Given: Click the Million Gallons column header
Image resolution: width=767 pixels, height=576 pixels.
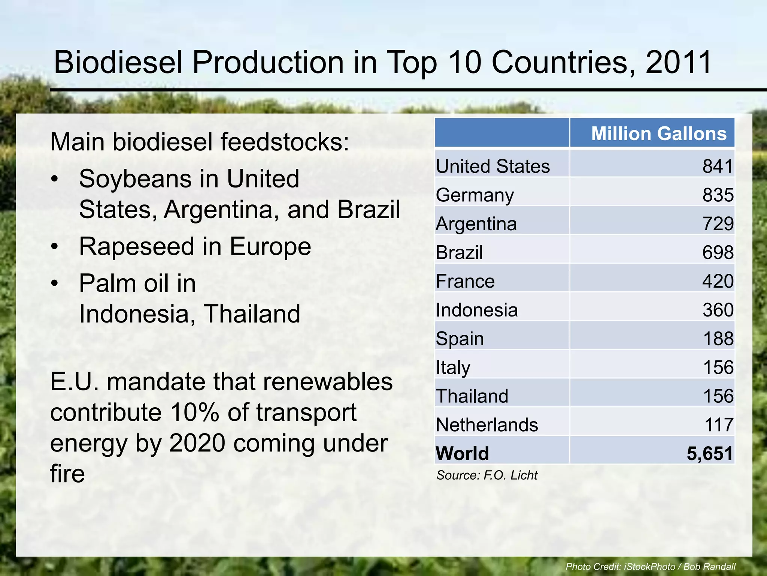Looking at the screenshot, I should tap(658, 133).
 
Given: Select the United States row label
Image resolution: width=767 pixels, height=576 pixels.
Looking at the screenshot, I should tap(493, 166).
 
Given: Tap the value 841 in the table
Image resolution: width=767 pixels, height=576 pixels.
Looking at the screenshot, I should tap(718, 166).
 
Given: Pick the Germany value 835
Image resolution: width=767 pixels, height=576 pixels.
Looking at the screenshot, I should tap(718, 195).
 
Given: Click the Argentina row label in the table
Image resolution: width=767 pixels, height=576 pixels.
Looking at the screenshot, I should tap(476, 224).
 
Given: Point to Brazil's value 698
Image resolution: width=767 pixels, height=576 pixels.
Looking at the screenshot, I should tap(718, 252).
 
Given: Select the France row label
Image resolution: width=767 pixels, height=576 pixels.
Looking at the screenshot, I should tap(465, 281).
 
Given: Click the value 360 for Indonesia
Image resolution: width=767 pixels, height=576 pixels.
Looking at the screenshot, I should tap(718, 310).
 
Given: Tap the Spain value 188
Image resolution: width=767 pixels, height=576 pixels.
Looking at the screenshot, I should tap(718, 339).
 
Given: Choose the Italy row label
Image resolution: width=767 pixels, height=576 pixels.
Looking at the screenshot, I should tap(453, 367).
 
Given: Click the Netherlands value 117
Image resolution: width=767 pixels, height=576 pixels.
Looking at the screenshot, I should tap(718, 425).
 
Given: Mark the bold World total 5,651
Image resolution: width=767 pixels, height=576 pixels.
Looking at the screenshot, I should tap(709, 453).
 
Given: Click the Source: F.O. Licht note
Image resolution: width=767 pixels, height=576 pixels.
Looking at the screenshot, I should tap(487, 475).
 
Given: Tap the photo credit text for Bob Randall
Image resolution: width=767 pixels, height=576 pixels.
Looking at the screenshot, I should tap(651, 567).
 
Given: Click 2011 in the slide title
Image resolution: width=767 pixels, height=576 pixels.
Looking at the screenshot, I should tap(679, 62).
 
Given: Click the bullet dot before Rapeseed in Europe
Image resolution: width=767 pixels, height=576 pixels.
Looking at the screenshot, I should tap(55, 247).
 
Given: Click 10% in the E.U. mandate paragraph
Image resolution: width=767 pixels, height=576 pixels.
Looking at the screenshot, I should tap(194, 412).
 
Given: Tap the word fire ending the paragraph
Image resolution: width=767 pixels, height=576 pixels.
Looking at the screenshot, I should tap(67, 474).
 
